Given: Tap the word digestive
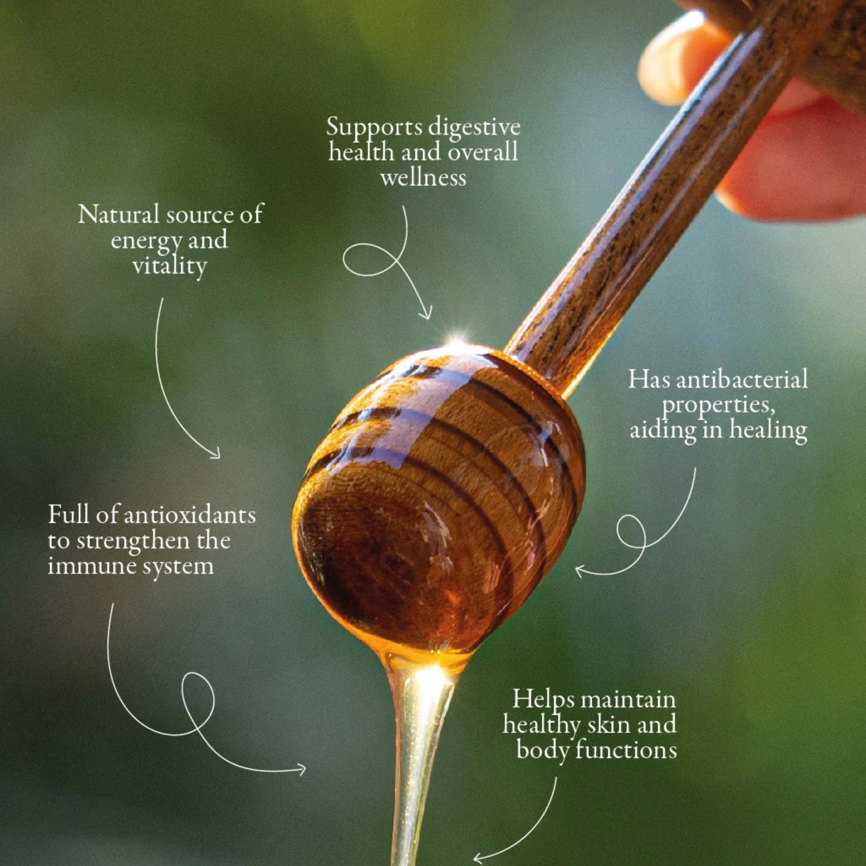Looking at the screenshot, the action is [474, 128].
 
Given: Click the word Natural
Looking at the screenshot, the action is [119, 214].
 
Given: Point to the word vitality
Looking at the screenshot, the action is [170, 266].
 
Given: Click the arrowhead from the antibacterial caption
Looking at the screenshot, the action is [581, 571].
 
